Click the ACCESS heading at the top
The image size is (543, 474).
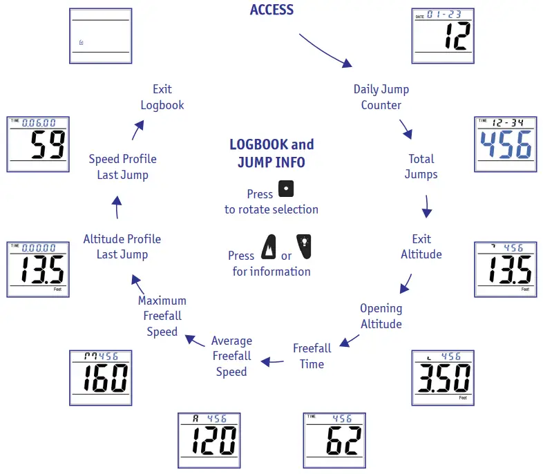point(271,10)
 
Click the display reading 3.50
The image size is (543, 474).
point(442,377)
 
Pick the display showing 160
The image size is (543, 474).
point(101,377)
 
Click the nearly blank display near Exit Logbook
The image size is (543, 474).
point(101,36)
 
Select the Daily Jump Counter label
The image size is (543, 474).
point(381,97)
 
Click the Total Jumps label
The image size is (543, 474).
point(421,167)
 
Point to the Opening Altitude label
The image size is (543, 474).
point(381,316)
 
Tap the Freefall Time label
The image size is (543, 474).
point(312,356)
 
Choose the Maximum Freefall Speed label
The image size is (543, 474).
point(162,316)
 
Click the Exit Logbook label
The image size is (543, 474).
point(162,97)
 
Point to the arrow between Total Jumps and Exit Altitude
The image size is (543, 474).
point(427,205)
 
